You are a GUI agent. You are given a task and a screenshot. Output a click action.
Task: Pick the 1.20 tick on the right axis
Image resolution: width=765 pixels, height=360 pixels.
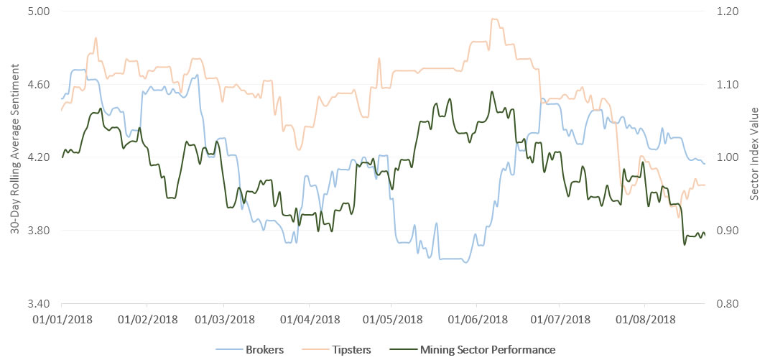click(x=726, y=11)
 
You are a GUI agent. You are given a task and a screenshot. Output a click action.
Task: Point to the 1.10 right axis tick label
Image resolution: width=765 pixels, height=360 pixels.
click(x=726, y=84)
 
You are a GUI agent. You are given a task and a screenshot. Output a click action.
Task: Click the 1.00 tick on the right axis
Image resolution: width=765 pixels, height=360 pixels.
click(x=726, y=157)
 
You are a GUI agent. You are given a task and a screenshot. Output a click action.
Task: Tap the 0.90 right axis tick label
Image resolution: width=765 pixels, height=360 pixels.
click(x=726, y=230)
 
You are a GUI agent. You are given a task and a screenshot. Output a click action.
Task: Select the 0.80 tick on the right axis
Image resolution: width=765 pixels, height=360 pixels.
click(x=726, y=303)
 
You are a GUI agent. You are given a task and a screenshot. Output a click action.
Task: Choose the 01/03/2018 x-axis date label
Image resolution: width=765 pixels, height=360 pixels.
click(x=225, y=317)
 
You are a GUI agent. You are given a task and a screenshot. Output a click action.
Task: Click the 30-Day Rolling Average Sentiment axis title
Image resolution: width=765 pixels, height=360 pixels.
click(x=14, y=157)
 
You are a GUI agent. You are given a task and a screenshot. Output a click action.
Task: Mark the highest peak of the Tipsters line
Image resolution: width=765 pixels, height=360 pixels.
click(x=493, y=19)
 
